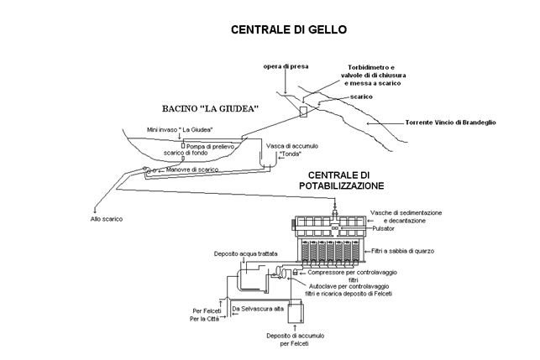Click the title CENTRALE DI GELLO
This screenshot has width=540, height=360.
[x=289, y=29]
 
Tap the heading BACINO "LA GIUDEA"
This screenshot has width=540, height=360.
[x=211, y=109]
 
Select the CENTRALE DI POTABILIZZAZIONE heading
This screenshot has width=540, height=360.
[x=341, y=180]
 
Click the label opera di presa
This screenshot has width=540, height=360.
[x=286, y=66]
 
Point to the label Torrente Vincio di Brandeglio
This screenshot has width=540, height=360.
[x=450, y=123]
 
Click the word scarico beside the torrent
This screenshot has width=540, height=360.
[x=361, y=97]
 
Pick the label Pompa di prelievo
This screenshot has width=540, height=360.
[x=210, y=147]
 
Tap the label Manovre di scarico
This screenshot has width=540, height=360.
[x=192, y=170]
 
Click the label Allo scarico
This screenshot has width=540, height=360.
[x=107, y=219]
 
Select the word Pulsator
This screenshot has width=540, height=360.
[x=383, y=228]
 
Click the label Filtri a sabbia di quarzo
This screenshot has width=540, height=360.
[x=402, y=251]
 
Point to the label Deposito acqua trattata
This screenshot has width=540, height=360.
[x=245, y=253]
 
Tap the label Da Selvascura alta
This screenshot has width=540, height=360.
[x=258, y=309]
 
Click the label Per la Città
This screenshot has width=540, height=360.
[x=205, y=319]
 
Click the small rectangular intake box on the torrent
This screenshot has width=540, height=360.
[x=303, y=112]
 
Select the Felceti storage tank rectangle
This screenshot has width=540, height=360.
[x=296, y=313]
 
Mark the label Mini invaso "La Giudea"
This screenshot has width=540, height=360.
[x=180, y=130]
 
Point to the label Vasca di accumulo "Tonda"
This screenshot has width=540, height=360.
[x=292, y=149]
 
